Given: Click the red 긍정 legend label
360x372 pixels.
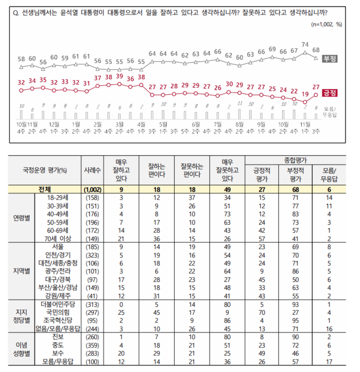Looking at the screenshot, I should click(329, 93).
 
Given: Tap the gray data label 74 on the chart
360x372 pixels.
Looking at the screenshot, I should click(305, 44).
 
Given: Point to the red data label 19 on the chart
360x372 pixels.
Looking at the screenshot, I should click(305, 94).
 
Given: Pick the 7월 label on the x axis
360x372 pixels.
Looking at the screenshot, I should click(218, 125).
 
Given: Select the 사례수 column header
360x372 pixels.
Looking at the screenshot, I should click(94, 170).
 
